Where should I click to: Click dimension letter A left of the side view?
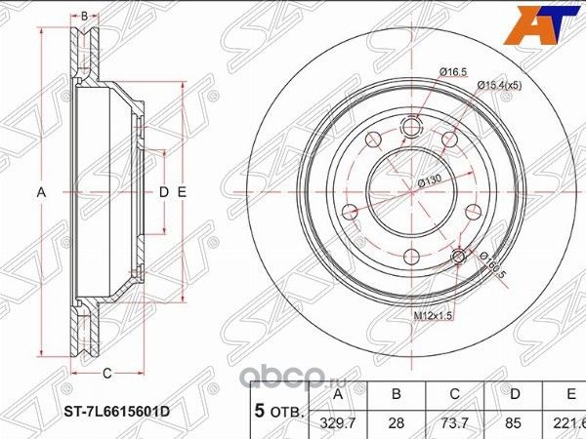[42, 193]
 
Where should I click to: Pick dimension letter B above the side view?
[85, 16]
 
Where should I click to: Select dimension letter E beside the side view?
[182, 193]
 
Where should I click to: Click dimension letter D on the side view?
[163, 193]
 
